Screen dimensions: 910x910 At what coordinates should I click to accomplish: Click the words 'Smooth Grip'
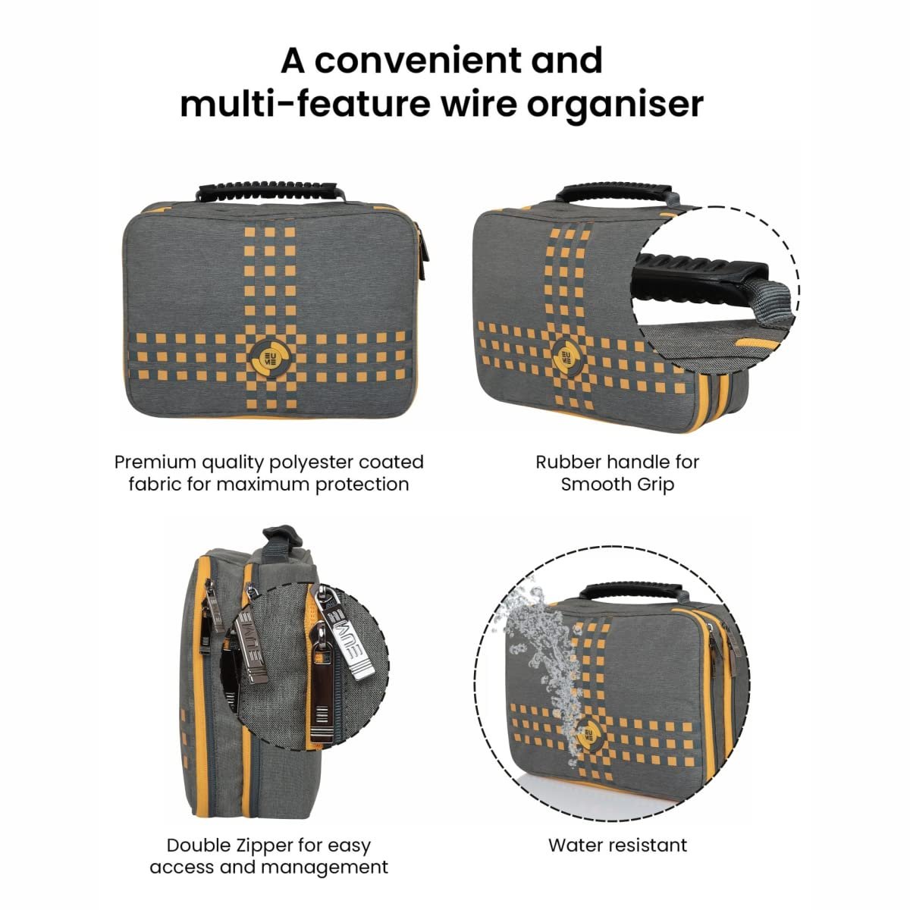tap(617, 484)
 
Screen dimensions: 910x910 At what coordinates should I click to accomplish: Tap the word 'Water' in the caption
tap(575, 845)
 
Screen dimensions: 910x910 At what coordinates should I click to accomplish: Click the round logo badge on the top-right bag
tap(566, 356)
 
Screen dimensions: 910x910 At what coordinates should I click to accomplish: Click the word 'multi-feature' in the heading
tap(305, 104)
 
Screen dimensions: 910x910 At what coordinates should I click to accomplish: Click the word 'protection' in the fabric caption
tap(360, 484)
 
